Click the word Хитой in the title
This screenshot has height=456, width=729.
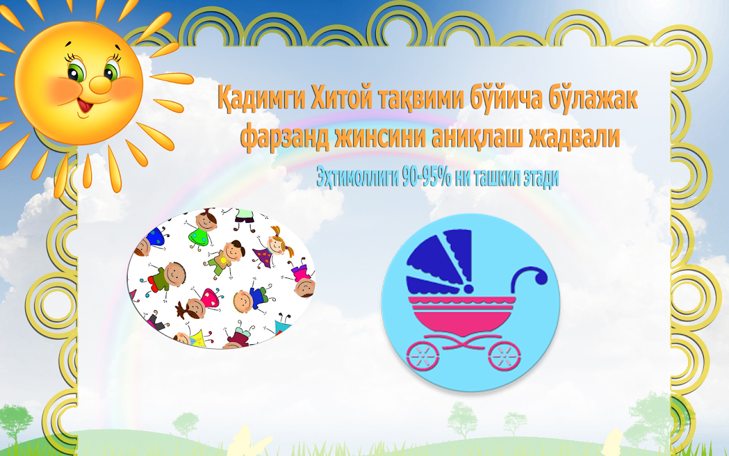pos(340,98)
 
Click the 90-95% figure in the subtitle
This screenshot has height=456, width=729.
pos(427,177)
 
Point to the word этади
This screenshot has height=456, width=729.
pos(541,178)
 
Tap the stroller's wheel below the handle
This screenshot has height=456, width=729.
pos(505,356)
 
